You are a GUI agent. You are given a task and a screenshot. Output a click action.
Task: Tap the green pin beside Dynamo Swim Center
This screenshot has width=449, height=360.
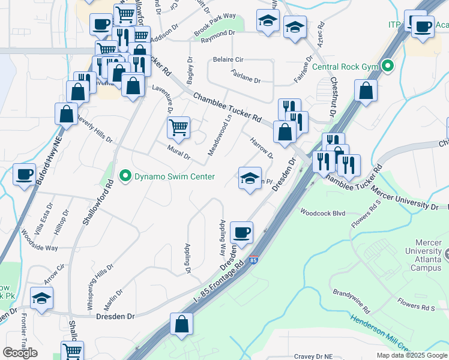(x=125, y=176)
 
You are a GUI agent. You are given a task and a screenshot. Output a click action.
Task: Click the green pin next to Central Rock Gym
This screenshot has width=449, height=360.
(x=388, y=66)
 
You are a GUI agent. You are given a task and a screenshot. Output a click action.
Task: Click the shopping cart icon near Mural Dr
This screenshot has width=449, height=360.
(x=178, y=127)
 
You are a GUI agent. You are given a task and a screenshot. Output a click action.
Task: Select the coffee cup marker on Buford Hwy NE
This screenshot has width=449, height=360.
(x=24, y=174)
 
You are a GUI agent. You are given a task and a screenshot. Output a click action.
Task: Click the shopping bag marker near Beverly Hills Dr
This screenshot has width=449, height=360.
(x=66, y=113)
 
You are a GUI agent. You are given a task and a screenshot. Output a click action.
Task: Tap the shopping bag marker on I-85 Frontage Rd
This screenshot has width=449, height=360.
(x=181, y=324)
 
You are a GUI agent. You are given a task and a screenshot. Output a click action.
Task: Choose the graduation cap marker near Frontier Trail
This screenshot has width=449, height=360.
(x=41, y=298)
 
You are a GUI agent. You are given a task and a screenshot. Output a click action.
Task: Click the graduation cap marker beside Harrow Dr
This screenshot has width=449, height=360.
(x=250, y=178)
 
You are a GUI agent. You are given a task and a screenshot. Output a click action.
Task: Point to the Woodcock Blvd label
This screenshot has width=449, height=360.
(x=323, y=212)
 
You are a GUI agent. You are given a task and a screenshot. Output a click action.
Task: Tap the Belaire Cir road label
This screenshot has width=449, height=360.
(x=228, y=60)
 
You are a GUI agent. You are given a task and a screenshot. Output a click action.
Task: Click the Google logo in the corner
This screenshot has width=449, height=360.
(x=20, y=353)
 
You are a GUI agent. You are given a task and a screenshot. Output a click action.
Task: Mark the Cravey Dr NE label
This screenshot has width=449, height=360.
(x=313, y=356)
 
